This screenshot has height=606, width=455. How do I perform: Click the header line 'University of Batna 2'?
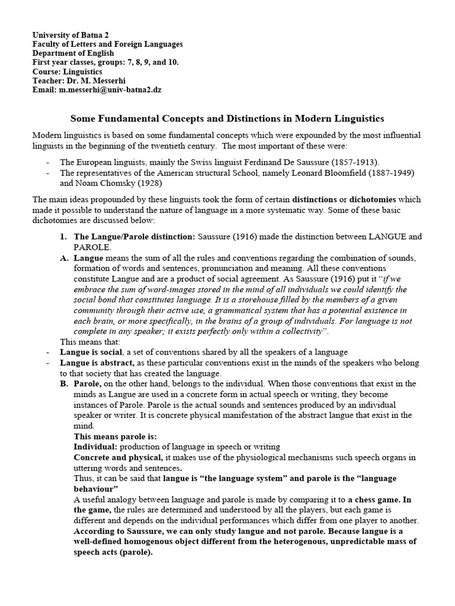click(71, 36)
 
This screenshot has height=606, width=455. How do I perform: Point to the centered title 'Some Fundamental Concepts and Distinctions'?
click(227, 119)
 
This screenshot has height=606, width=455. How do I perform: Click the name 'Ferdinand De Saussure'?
click(284, 162)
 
